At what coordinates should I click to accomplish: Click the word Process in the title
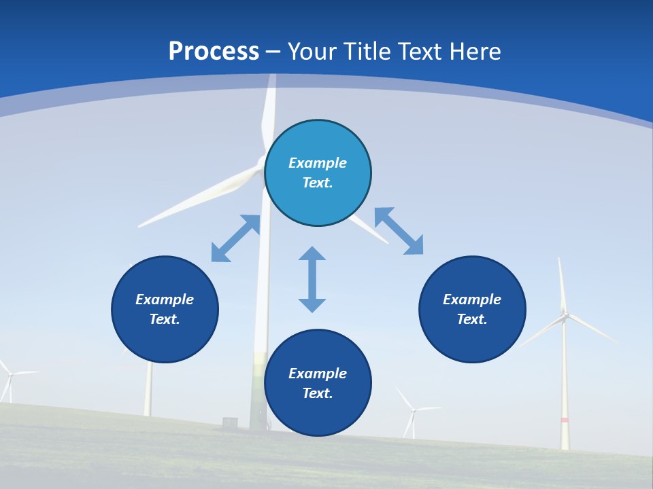pos(214,52)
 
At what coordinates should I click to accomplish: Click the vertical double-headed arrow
pos(312,279)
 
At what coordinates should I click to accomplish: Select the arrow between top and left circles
pos(235,238)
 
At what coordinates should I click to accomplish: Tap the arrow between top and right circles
pos(399,231)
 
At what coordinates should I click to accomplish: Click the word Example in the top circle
pos(318,163)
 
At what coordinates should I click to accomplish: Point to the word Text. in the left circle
pos(165,319)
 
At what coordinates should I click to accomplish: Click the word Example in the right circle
pos(472,300)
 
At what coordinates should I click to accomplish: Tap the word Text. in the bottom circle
pos(318,393)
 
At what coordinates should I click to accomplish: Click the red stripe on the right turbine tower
pos(564,420)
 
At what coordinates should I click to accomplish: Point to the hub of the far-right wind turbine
pos(564,314)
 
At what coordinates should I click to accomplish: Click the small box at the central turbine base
pos(230,422)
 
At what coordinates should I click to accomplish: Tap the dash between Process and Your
pos(273,52)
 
